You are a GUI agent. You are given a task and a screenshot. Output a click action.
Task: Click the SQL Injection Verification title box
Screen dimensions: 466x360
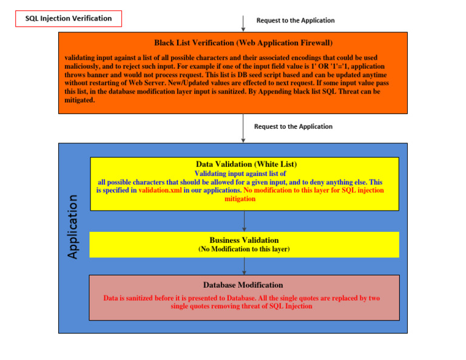click(x=69, y=18)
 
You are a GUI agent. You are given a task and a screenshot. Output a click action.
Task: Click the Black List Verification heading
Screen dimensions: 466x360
click(x=243, y=43)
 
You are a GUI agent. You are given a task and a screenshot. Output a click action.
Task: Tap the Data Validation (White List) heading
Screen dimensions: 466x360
click(x=246, y=164)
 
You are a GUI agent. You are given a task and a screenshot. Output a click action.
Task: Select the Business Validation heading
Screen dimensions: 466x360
click(x=244, y=240)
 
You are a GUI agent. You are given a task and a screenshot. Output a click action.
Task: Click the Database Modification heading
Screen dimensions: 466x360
click(x=243, y=285)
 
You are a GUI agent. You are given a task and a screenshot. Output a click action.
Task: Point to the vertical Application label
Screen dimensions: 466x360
click(x=73, y=226)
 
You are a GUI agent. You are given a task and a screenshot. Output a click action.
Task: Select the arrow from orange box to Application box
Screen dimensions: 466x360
click(x=243, y=128)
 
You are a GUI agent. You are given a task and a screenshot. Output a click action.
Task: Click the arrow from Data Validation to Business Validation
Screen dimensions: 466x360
click(x=244, y=220)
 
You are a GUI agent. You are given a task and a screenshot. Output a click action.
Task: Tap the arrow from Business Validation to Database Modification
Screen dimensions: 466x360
click(x=244, y=266)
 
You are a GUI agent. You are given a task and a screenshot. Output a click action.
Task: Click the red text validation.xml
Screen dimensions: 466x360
click(x=160, y=190)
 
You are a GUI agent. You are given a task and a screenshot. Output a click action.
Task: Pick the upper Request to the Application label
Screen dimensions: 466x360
click(x=295, y=20)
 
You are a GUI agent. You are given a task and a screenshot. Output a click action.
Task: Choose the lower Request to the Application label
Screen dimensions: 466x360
click(x=293, y=126)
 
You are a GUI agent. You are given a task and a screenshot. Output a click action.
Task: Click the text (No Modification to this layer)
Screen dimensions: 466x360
click(x=244, y=250)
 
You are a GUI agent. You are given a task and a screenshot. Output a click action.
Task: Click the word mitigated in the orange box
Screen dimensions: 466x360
click(x=79, y=100)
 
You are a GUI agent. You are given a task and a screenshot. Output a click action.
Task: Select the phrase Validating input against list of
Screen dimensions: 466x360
click(x=240, y=174)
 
